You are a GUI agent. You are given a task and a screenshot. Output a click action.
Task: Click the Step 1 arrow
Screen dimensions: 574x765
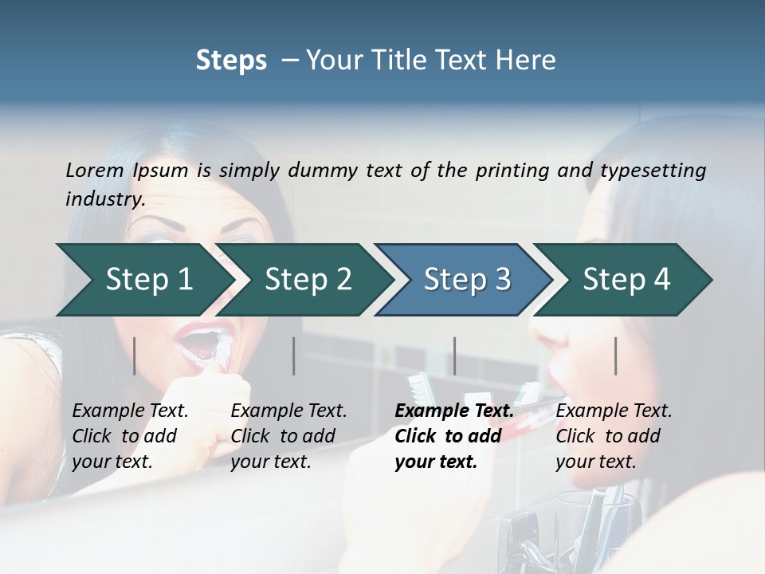[143, 280]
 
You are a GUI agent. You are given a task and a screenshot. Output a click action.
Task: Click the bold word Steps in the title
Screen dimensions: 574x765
[231, 61]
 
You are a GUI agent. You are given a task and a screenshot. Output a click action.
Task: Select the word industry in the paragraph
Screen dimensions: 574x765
[104, 199]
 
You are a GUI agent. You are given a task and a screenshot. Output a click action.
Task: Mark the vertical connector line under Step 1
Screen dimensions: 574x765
[135, 356]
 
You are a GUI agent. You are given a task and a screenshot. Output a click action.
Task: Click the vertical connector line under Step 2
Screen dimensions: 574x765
[294, 356]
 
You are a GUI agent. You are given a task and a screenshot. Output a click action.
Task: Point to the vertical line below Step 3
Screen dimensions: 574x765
[454, 356]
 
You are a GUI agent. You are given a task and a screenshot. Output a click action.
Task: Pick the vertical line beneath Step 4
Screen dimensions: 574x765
[615, 356]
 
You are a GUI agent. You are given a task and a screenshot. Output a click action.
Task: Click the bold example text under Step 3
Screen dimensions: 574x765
[453, 436]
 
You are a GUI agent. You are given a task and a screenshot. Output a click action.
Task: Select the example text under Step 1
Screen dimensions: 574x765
[130, 436]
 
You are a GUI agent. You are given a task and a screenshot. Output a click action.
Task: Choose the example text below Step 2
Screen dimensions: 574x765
[288, 436]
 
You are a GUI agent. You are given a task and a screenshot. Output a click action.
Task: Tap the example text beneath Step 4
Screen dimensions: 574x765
[614, 436]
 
